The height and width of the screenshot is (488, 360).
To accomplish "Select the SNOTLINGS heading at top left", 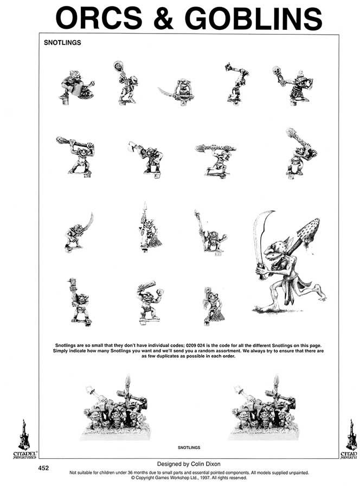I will [62, 43].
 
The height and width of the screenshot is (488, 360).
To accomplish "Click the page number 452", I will [44, 467].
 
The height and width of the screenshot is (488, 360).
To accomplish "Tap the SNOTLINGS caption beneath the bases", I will [189, 448].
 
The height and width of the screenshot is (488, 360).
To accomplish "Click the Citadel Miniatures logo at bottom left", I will [23, 439].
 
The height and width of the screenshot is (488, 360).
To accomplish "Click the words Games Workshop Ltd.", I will [165, 478].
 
